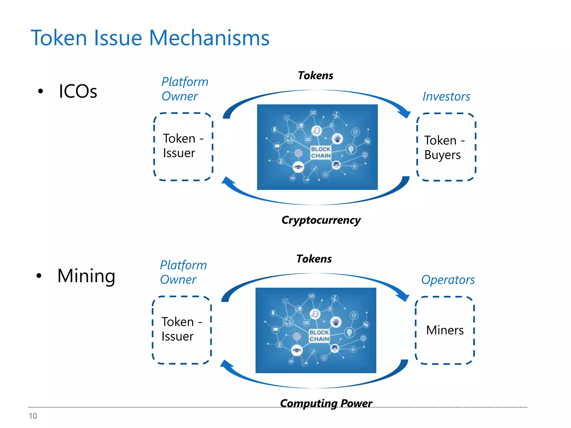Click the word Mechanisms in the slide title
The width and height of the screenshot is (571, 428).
point(209,38)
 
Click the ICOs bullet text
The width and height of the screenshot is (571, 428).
point(78,91)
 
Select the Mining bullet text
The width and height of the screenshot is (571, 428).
point(86,276)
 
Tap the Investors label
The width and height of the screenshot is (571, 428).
point(446,96)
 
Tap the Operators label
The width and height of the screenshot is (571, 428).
point(448,280)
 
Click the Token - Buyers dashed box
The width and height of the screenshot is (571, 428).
point(446,147)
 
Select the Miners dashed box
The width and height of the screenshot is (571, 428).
point(444,330)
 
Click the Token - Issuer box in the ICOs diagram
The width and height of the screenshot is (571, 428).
point(183,146)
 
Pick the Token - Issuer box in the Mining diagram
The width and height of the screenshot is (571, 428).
point(182,330)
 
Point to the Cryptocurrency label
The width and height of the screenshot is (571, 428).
point(321,220)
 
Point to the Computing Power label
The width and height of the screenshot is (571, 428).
point(326,403)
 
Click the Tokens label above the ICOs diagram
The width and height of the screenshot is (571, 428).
point(315,76)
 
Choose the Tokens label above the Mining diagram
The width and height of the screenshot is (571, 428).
point(314,259)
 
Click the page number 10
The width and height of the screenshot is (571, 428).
point(33,416)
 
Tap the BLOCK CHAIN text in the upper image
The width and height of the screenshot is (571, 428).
point(321,152)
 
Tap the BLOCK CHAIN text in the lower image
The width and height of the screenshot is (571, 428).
point(319,336)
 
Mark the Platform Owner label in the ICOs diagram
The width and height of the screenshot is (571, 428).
point(185,89)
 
